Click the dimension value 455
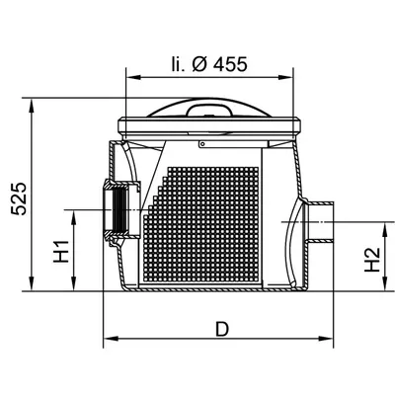[230, 64]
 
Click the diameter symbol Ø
[199, 64]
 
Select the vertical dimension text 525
[19, 198]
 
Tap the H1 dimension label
[61, 252]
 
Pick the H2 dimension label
[372, 260]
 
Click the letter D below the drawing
[222, 329]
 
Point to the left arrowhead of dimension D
[111, 338]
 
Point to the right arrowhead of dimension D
[326, 338]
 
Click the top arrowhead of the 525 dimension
[32, 106]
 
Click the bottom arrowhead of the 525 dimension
[32, 283]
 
